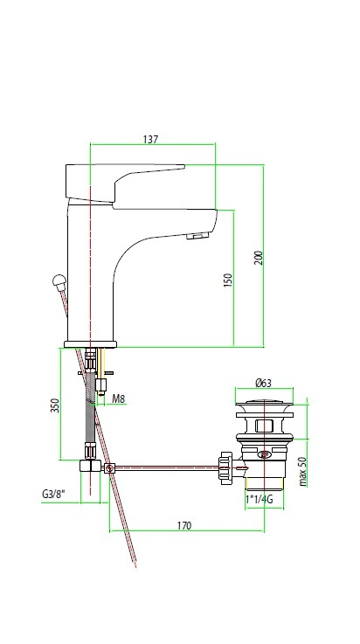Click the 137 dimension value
click(150, 139)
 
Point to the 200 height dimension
click(258, 258)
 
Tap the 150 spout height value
click(228, 280)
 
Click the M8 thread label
click(118, 398)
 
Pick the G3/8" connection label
click(54, 494)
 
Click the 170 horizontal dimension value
click(184, 525)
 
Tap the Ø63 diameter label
click(263, 383)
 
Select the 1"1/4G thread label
click(260, 500)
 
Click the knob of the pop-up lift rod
click(59, 282)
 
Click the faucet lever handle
click(123, 182)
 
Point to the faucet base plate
click(90, 344)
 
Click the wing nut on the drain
click(225, 467)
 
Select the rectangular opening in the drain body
click(265, 426)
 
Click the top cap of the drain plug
click(264, 405)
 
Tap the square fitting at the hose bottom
click(90, 466)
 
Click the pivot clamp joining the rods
click(109, 468)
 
